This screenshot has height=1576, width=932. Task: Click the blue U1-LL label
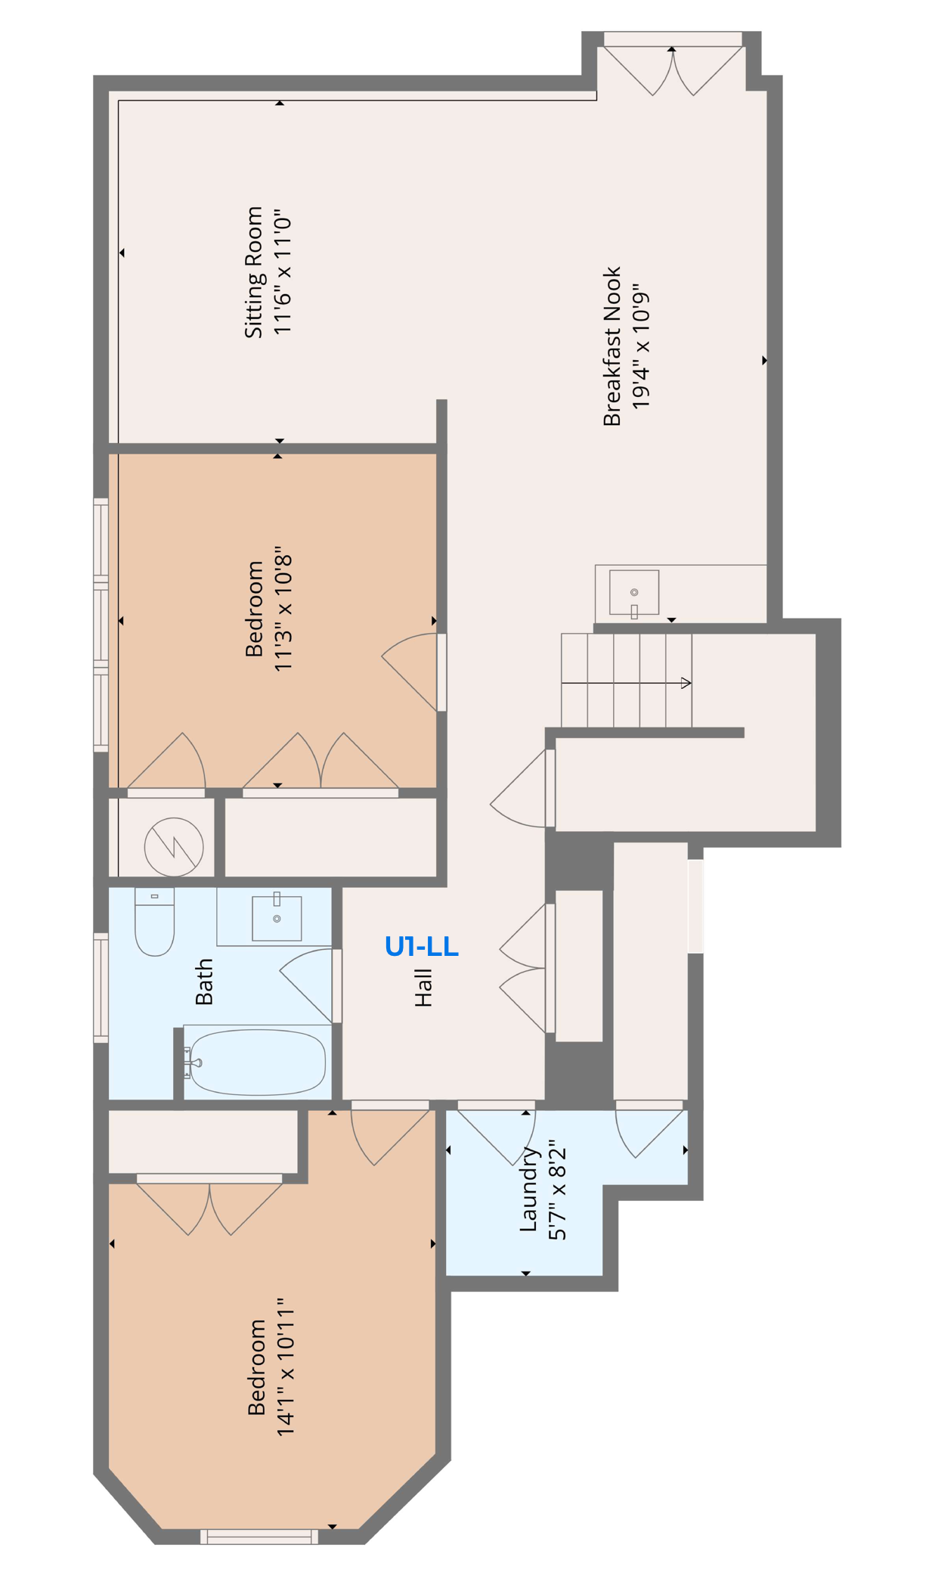click(421, 946)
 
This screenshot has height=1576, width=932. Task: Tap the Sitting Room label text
click(254, 272)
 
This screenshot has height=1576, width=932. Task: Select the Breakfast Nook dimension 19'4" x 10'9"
click(640, 347)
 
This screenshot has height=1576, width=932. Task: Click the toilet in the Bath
click(154, 922)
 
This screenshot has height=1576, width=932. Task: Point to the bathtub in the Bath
click(257, 1062)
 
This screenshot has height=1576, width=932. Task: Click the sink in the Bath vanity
click(277, 918)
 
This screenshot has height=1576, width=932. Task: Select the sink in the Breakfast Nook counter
click(633, 592)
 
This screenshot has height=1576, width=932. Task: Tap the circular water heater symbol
click(174, 847)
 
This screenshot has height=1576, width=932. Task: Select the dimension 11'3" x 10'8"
click(283, 613)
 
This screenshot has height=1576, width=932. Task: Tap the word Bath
click(204, 982)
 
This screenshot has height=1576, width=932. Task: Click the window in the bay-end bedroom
click(259, 1536)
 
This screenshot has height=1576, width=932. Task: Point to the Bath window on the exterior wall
click(101, 988)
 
